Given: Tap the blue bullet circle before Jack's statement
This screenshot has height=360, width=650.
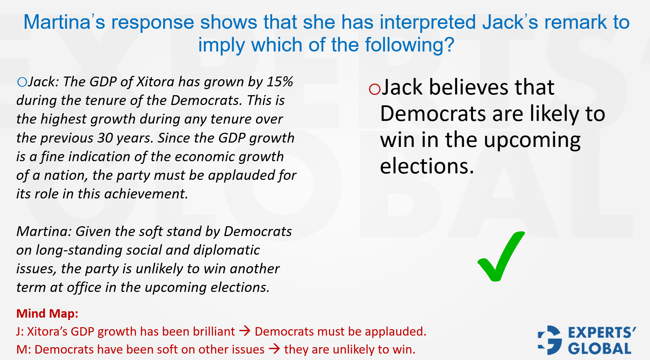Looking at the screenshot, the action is (22, 82).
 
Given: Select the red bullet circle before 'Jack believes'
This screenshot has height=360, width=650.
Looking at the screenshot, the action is (375, 89).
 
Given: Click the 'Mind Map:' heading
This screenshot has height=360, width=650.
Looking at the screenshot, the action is (47, 313).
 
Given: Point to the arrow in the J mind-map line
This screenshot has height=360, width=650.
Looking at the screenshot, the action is (245, 331).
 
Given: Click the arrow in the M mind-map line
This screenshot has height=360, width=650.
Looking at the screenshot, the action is (275, 349).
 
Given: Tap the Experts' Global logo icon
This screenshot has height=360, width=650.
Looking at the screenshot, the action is (549, 340).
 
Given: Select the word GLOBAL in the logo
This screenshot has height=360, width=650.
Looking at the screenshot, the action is (600, 348).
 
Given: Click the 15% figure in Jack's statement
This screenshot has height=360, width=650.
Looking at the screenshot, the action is (280, 82).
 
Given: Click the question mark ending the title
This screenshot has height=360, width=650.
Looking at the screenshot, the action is (449, 45).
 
